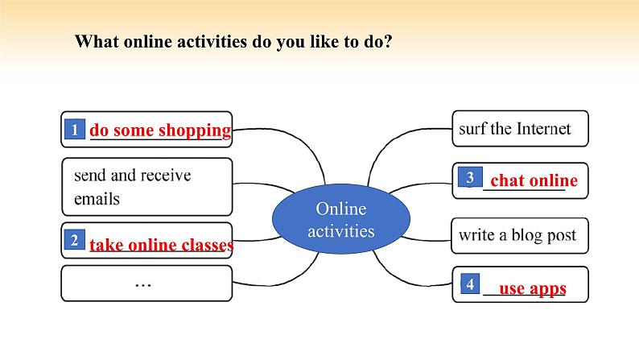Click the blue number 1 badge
click(x=74, y=130)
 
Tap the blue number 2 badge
click(x=74, y=240)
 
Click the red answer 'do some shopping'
click(x=160, y=130)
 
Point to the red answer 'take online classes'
click(x=161, y=245)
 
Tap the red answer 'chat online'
click(x=534, y=180)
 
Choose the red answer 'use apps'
click(x=533, y=288)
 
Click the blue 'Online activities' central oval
click(x=340, y=220)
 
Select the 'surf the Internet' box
click(x=520, y=129)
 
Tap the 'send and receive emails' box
click(x=146, y=186)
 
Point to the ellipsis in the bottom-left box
click(x=145, y=283)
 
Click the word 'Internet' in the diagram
click(x=543, y=129)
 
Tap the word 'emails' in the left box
click(x=97, y=198)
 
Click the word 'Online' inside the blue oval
click(x=340, y=209)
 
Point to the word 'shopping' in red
click(x=195, y=130)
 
